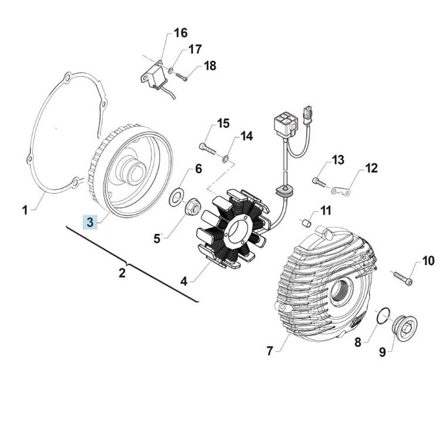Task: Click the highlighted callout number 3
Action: click(x=90, y=222)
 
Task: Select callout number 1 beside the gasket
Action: click(x=25, y=209)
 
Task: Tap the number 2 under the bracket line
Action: click(x=122, y=273)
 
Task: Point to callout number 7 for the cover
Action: click(x=269, y=351)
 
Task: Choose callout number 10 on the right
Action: click(x=428, y=260)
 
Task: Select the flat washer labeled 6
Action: click(x=175, y=198)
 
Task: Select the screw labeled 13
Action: click(x=319, y=182)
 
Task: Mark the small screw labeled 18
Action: click(x=180, y=77)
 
